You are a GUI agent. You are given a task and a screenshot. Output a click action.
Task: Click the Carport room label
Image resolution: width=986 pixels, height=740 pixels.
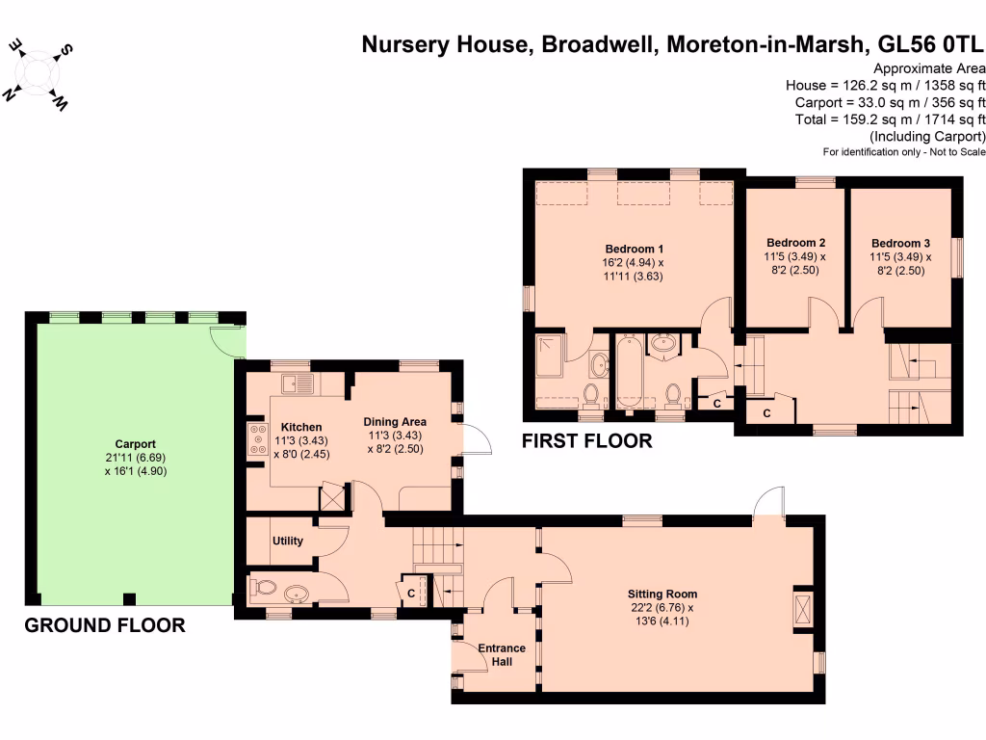click(135, 443)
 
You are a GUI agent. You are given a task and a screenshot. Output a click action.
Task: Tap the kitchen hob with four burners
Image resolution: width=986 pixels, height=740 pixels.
click(258, 438)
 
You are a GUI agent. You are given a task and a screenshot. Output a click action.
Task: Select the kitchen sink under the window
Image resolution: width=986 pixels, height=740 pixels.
click(298, 383)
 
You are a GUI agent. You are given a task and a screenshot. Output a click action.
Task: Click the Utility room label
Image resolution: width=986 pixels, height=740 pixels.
click(287, 541)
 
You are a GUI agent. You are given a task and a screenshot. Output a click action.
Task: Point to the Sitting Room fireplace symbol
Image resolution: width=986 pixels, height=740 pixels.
click(803, 609)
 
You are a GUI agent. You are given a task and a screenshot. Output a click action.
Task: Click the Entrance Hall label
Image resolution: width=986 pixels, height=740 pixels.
click(502, 655)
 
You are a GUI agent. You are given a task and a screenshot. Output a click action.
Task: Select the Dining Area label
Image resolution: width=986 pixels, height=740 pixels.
click(395, 422)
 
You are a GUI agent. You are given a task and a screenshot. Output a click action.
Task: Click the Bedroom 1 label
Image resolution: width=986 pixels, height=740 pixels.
click(634, 249)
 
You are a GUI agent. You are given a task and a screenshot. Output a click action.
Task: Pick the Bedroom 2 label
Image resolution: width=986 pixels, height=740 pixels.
click(795, 242)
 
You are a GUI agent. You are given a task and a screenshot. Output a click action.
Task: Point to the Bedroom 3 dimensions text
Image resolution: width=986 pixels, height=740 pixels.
click(900, 264)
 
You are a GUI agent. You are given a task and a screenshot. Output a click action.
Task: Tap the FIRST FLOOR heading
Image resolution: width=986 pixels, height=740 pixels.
click(586, 441)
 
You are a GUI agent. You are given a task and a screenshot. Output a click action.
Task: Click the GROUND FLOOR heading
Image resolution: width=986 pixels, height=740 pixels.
click(105, 625)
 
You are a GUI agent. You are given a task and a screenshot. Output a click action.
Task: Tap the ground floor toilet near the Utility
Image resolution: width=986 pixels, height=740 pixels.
click(264, 588)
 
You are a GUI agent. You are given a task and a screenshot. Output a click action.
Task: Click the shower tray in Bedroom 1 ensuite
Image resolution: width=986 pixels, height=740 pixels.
click(552, 356)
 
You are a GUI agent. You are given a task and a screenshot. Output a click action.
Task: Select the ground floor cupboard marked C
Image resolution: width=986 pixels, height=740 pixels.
click(410, 592)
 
